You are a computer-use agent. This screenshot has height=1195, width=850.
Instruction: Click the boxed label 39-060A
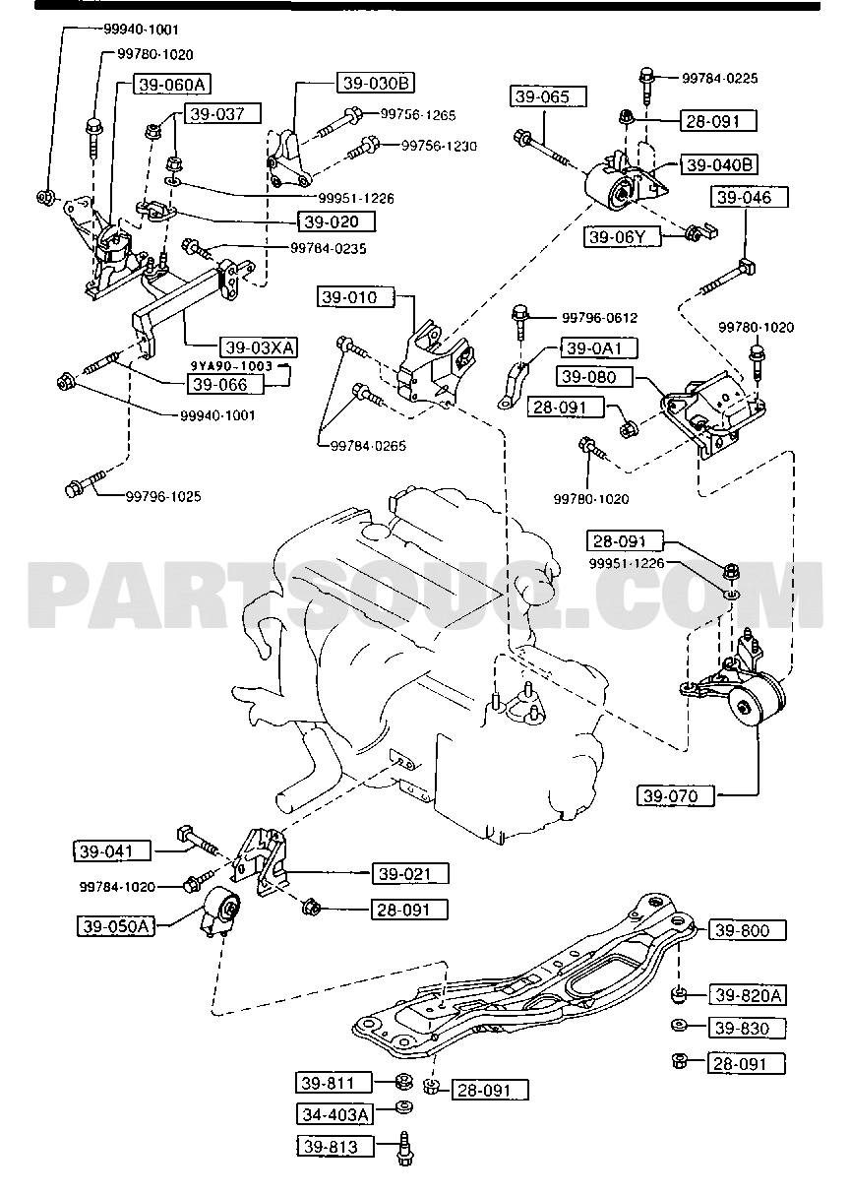(x=172, y=85)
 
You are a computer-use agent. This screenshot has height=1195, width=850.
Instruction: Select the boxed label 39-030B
(x=376, y=83)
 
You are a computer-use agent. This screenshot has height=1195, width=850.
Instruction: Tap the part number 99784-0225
(x=719, y=79)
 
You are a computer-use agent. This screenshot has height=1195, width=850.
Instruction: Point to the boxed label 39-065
(x=548, y=96)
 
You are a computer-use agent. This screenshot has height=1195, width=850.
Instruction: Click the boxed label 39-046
(x=750, y=198)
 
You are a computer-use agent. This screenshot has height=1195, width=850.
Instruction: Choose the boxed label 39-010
(x=356, y=297)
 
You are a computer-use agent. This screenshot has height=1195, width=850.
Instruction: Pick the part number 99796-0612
(x=599, y=318)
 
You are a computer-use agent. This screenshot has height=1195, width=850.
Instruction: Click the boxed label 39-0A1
(x=599, y=348)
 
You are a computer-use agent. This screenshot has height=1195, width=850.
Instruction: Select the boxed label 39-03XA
(x=259, y=347)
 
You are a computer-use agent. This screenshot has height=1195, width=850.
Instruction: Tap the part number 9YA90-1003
(x=232, y=366)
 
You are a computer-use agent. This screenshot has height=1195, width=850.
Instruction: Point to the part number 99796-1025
(x=163, y=497)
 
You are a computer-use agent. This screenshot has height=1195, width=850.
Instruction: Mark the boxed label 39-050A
(x=116, y=926)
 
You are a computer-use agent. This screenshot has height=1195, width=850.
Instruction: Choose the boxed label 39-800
(x=747, y=930)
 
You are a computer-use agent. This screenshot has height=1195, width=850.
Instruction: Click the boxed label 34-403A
(x=334, y=1114)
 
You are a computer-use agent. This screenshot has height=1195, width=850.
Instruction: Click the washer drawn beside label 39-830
(x=679, y=1026)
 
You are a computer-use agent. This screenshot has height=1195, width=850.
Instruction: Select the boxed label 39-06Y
(x=623, y=237)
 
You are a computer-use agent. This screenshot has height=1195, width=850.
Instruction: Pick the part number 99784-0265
(x=368, y=446)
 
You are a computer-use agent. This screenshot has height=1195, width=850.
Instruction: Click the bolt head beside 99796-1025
(x=73, y=489)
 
